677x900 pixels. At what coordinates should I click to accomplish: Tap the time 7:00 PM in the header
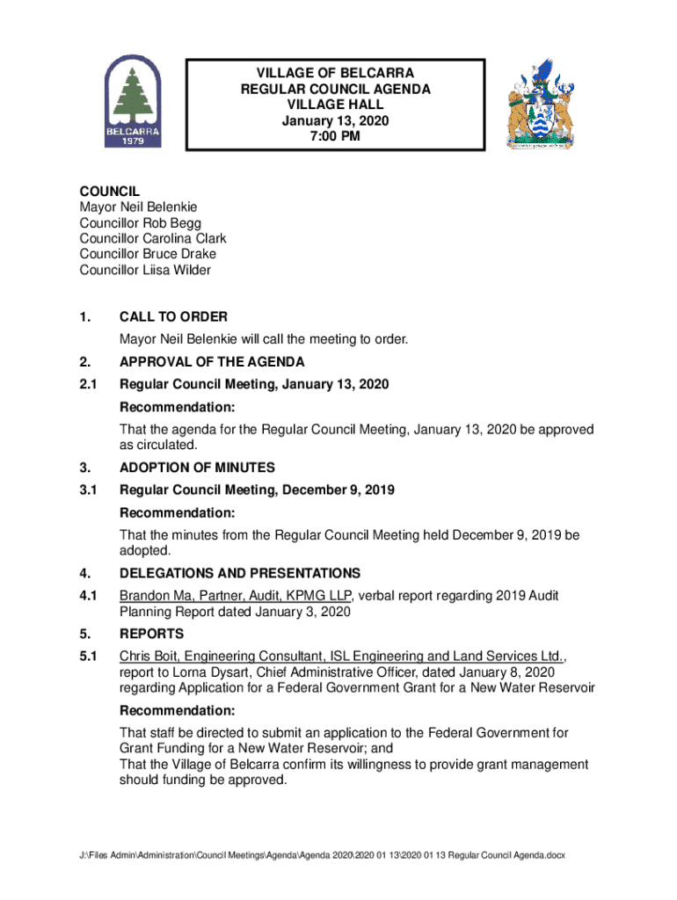tap(334, 136)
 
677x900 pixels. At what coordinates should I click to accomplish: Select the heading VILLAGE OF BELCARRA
tap(334, 73)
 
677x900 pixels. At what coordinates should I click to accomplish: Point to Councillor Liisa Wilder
tap(145, 270)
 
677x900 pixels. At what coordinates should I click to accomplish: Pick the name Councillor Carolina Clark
tap(152, 238)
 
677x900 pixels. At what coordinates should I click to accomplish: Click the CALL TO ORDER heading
tap(173, 316)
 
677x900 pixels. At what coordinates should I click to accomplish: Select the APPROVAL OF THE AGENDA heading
tap(212, 362)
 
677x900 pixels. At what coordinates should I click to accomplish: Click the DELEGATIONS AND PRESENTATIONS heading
tap(239, 573)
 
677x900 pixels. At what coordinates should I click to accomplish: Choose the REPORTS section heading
tap(152, 634)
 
